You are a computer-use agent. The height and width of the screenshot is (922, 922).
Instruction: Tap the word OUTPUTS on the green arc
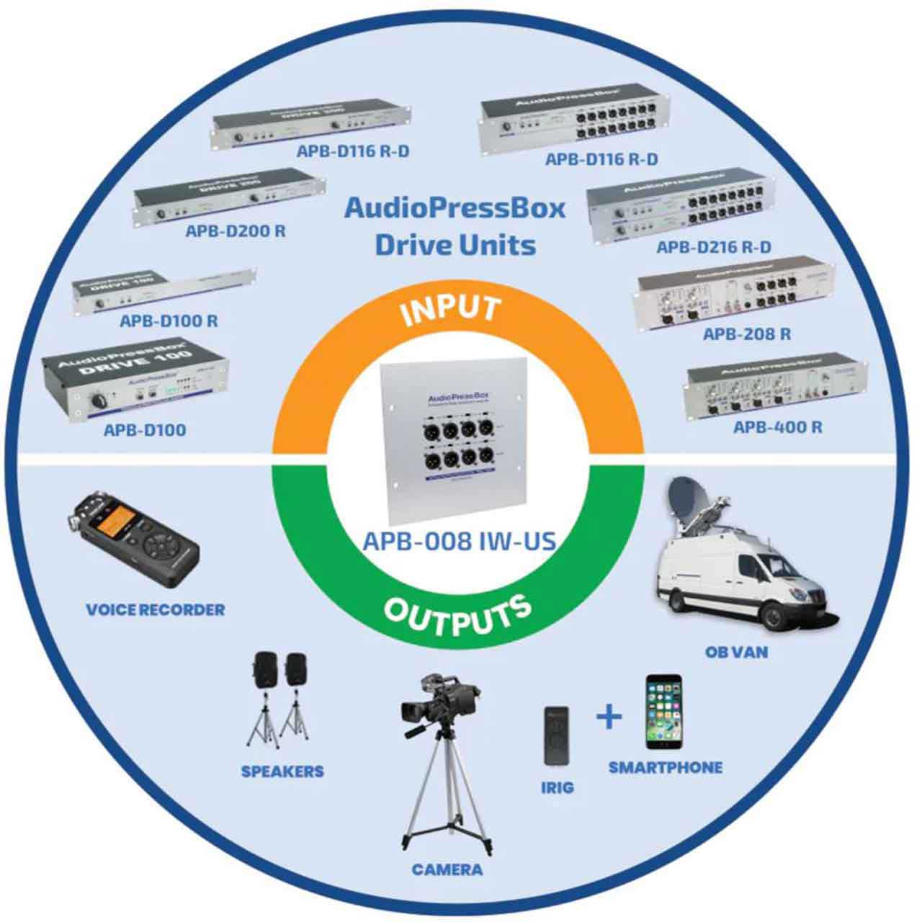[457, 616]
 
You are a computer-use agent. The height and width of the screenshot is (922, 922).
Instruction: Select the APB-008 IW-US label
[460, 540]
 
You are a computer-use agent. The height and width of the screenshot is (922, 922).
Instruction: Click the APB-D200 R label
[236, 231]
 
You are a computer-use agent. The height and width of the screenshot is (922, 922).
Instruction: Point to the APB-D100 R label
[169, 321]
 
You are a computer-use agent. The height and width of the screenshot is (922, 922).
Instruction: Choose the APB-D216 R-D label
[714, 247]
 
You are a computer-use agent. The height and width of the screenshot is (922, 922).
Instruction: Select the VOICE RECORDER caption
[156, 609]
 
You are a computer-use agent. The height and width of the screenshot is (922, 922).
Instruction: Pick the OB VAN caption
[737, 653]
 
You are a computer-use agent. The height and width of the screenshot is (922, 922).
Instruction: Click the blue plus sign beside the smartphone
[609, 717]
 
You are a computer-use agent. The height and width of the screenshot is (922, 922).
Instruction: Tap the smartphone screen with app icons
[663, 711]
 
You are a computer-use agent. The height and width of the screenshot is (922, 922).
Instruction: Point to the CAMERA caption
[447, 869]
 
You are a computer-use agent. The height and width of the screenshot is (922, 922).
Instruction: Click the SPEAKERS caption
[282, 771]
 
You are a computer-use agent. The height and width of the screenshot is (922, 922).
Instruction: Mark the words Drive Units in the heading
[455, 245]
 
